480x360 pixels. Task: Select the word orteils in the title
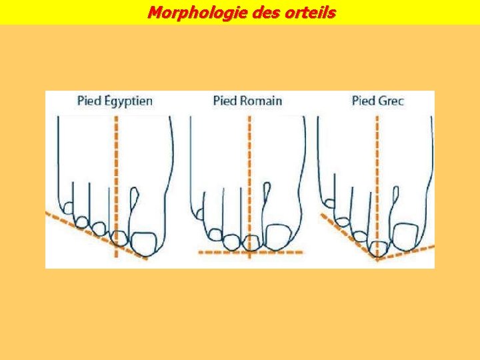308,12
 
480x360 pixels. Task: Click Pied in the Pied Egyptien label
89,101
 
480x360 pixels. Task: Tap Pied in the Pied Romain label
225,101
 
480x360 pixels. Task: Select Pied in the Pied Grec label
363,101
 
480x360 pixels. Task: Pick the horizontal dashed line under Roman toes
220,253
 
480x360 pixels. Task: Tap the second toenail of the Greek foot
378,249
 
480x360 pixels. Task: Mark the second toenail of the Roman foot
251,242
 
